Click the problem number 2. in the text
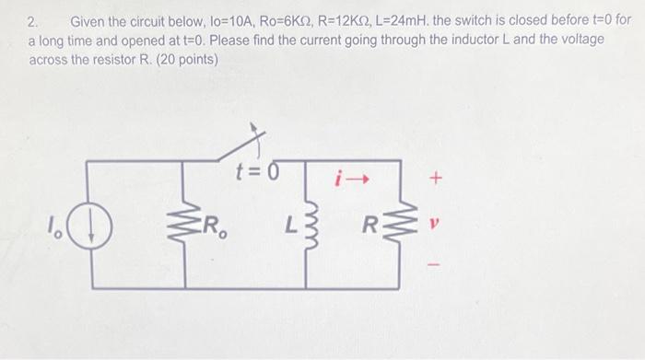34,20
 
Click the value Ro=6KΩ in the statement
313,20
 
